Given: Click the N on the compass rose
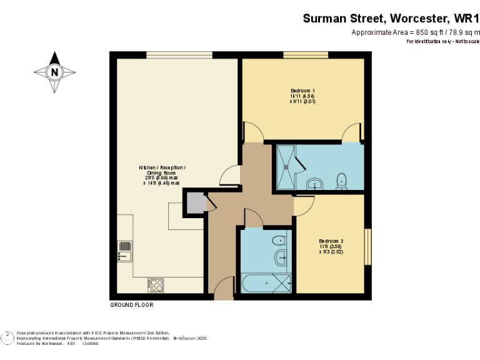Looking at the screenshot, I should coord(56,71).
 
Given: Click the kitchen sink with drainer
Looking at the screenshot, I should coord(124,251).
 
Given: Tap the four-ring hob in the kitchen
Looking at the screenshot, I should coord(156,285).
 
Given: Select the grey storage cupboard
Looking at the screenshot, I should coord(194,203).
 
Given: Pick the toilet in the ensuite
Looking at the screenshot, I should coord(341,181).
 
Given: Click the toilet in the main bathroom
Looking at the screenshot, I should coord(279,240).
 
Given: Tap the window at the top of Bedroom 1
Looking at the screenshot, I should coord(306,55).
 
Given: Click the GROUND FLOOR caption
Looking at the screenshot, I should coord(131,306).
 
